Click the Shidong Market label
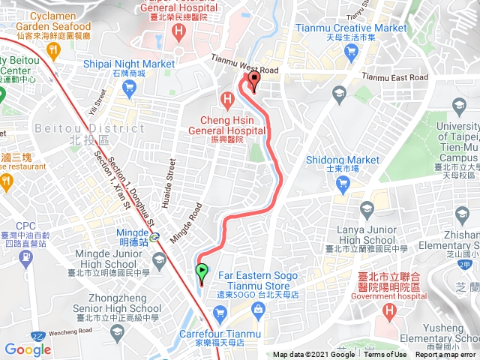click(x=343, y=160)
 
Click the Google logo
click(x=28, y=349)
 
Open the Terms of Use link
click(x=385, y=355)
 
